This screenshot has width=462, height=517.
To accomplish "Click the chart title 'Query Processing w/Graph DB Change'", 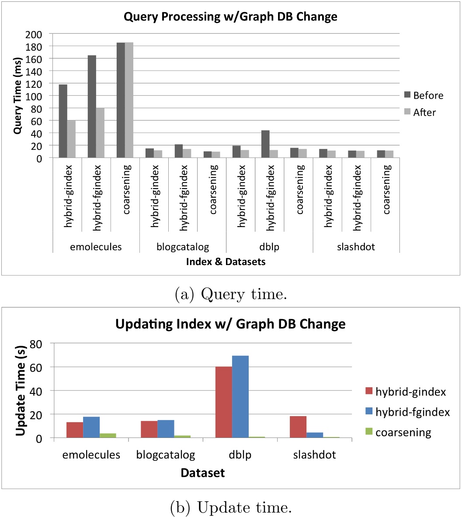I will pyautogui.click(x=230, y=17).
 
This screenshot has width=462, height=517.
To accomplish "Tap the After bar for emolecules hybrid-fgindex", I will pyautogui.click(x=100, y=140).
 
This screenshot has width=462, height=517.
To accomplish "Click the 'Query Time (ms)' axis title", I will pyautogui.click(x=17, y=96).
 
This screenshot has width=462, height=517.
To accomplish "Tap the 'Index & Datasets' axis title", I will pyautogui.click(x=226, y=262).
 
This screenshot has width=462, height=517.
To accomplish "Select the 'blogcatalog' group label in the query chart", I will pyautogui.click(x=182, y=247).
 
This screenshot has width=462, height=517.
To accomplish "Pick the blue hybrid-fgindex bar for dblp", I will pyautogui.click(x=240, y=396).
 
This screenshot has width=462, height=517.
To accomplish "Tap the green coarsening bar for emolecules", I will pyautogui.click(x=108, y=435).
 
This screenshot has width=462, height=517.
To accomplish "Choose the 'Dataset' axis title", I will pyautogui.click(x=203, y=473).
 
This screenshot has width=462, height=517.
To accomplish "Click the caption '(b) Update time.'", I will pyautogui.click(x=230, y=507).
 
